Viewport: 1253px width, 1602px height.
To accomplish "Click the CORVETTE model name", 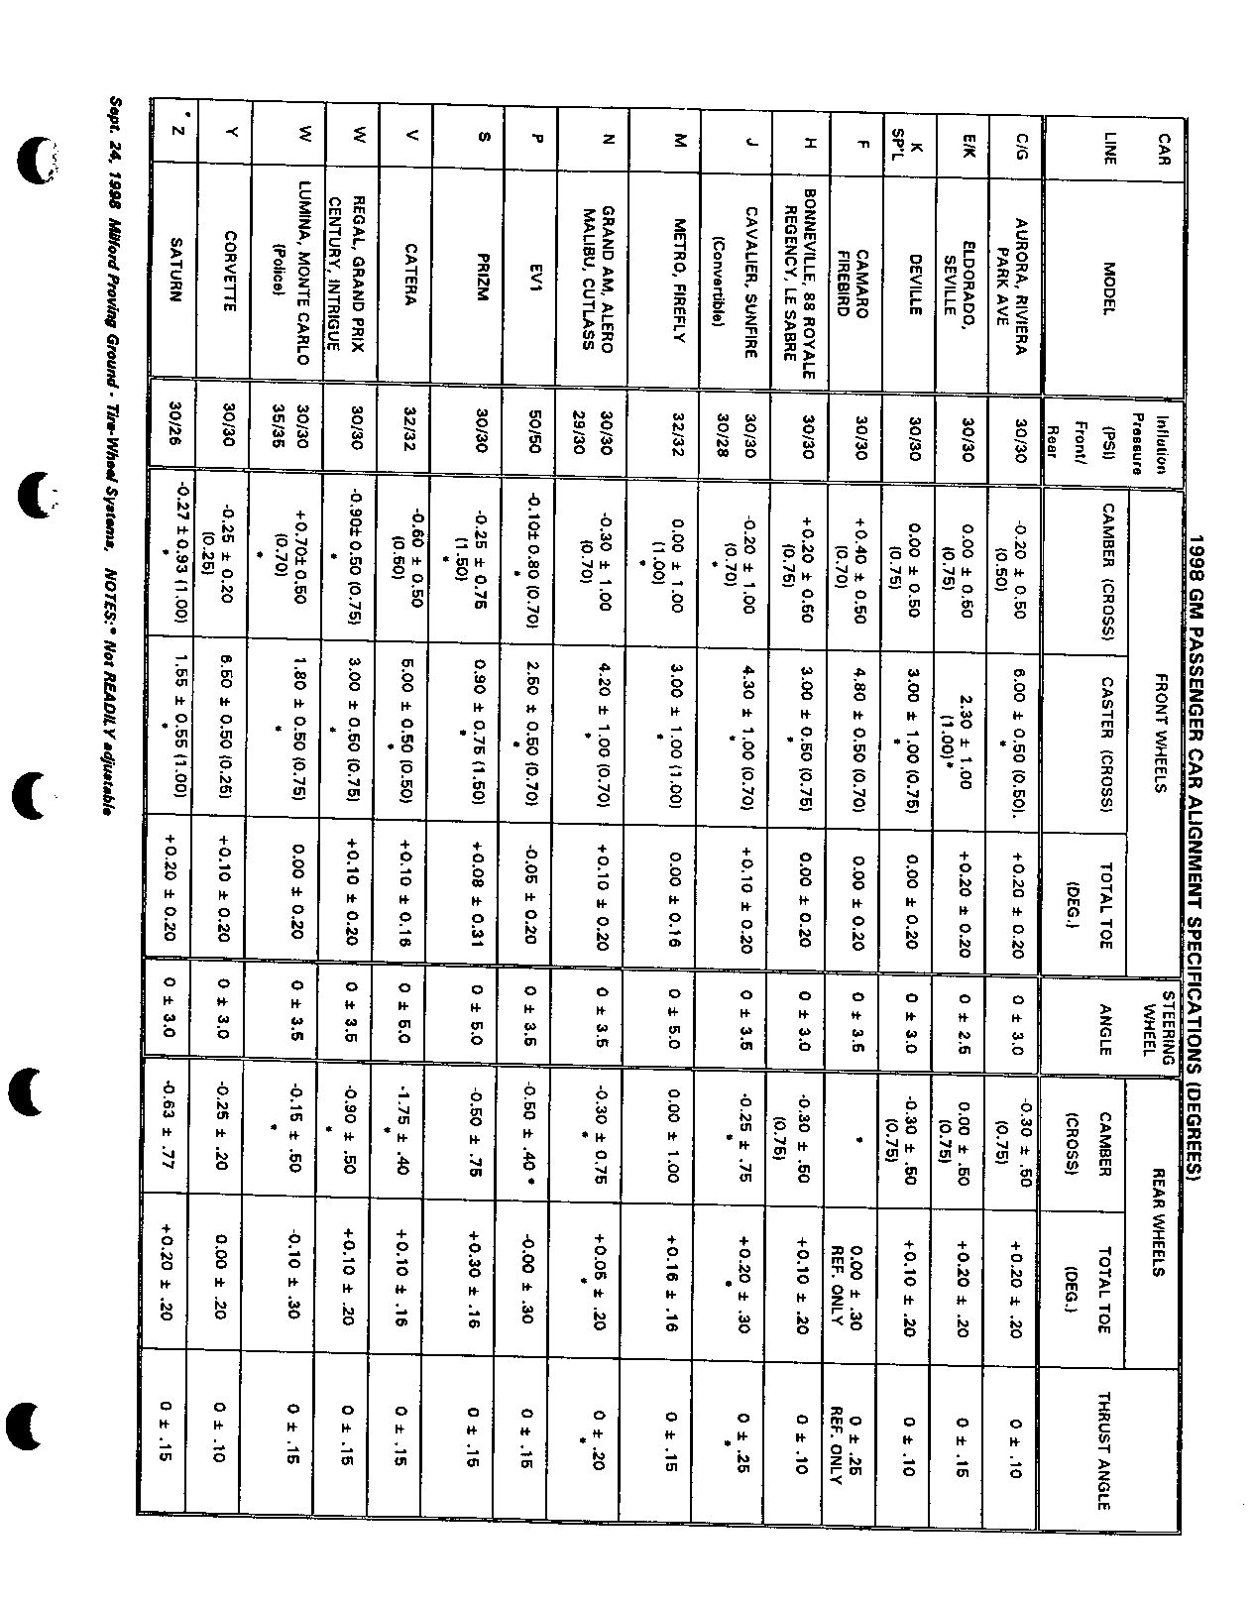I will pos(228,271).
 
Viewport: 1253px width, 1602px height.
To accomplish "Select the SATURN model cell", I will pos(174,271).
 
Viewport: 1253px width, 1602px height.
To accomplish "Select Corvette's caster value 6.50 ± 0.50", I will pos(228,723).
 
